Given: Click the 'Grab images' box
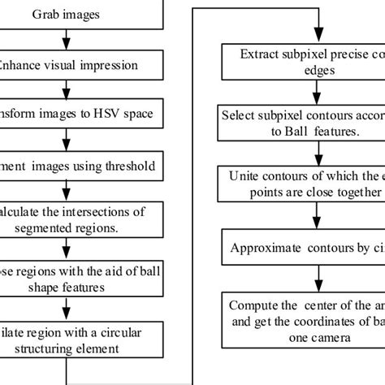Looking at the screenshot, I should point(73,14).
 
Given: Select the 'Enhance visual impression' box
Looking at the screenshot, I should point(73,64).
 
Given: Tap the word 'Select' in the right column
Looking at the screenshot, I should point(239,115).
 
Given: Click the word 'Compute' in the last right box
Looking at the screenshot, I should point(253,305).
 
